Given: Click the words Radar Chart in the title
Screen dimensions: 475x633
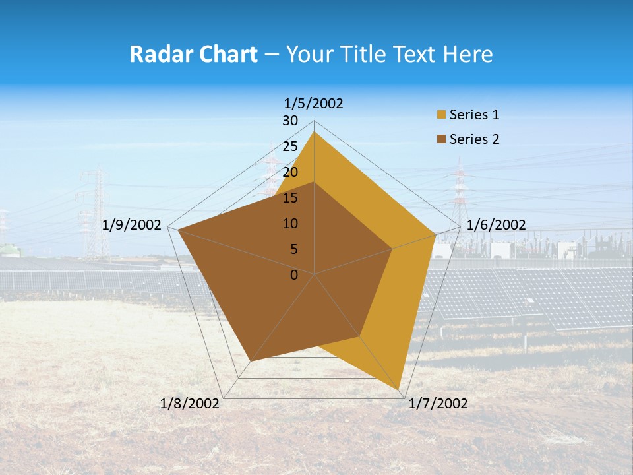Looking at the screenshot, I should (x=193, y=54).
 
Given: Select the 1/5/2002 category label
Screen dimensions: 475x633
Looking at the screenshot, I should (x=314, y=103).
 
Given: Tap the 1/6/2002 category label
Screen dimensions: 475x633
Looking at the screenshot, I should (x=496, y=225).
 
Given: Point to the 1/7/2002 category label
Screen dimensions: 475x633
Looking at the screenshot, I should (x=438, y=404).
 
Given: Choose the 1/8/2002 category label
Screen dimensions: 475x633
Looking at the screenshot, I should (x=190, y=404).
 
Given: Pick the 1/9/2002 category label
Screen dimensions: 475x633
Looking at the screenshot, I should (x=132, y=225).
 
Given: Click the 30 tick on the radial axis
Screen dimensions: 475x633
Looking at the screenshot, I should (x=290, y=121).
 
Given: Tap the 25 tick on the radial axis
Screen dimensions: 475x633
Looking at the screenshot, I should (x=290, y=146).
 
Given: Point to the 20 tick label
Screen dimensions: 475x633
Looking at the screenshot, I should (x=290, y=172).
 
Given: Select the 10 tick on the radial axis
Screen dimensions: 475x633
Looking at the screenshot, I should (x=290, y=224).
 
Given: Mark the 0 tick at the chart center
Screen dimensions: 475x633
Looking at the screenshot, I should (x=294, y=275).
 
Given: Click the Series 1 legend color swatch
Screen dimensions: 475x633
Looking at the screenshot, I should (x=440, y=115).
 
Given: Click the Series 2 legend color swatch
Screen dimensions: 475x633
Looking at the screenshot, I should (x=440, y=139).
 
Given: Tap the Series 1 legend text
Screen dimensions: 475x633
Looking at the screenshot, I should (x=474, y=115).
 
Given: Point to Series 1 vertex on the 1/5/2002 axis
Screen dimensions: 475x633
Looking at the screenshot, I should (x=314, y=131).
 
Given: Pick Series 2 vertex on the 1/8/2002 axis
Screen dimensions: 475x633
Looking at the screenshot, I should (x=251, y=361).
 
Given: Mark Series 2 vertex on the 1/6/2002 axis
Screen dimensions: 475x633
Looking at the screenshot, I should (x=392, y=249).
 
